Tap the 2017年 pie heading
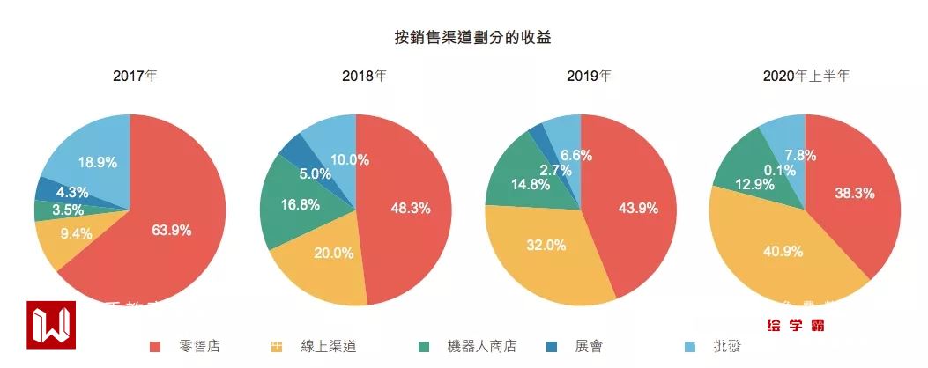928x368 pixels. [136, 76]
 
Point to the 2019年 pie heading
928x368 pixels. [589, 76]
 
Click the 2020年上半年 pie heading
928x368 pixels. [806, 76]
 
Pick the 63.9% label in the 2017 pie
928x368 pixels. [172, 231]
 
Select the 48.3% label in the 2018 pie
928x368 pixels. [410, 209]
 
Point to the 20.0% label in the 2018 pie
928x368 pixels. [334, 254]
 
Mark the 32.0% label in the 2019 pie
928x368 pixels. [547, 245]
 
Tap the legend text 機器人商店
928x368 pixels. [482, 347]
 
